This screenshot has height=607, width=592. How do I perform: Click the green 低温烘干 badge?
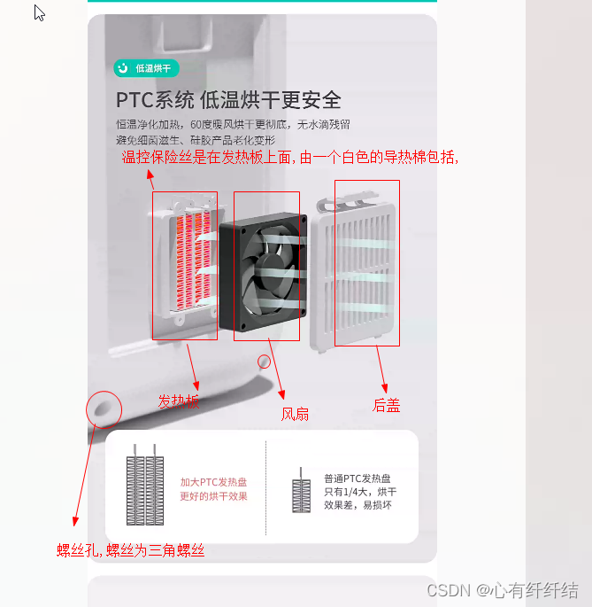tap(147, 68)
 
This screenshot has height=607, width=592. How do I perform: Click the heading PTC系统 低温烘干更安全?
tap(228, 100)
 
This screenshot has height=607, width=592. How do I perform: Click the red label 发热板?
tap(179, 401)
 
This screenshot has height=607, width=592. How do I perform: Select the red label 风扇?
tap(295, 414)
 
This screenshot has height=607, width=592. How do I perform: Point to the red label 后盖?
tap(386, 406)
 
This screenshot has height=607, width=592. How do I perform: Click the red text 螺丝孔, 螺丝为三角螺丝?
tap(131, 550)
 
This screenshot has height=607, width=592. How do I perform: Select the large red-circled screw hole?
tap(103, 408)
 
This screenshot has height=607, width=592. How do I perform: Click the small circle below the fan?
tap(264, 362)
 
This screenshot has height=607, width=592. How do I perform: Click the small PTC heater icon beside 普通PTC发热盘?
tap(302, 493)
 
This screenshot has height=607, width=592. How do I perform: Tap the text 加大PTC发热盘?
tap(213, 482)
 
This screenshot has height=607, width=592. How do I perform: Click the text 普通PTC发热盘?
tap(357, 479)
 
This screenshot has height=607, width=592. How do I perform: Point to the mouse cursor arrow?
tap(39, 12)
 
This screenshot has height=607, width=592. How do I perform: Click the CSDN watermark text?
tap(502, 590)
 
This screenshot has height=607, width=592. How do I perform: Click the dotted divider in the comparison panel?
tap(265, 487)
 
